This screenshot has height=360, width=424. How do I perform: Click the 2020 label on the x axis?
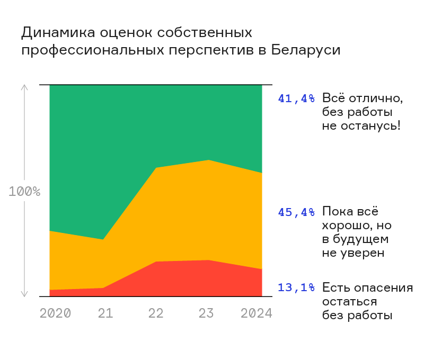55,313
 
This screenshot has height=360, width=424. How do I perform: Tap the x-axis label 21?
105,313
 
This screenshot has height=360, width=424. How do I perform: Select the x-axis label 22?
156,313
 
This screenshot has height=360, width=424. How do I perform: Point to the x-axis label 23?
206,313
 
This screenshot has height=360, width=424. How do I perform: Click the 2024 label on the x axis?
257,313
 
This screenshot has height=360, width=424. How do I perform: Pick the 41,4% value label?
296,98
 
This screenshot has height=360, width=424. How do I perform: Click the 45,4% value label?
296,212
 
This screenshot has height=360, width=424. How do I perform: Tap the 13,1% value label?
296,288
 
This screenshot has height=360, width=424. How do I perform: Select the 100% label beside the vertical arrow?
24,192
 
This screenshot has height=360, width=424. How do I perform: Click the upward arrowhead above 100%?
24,87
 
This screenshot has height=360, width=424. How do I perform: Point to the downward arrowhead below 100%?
24,293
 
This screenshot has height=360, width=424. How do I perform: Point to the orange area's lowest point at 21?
103,240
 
